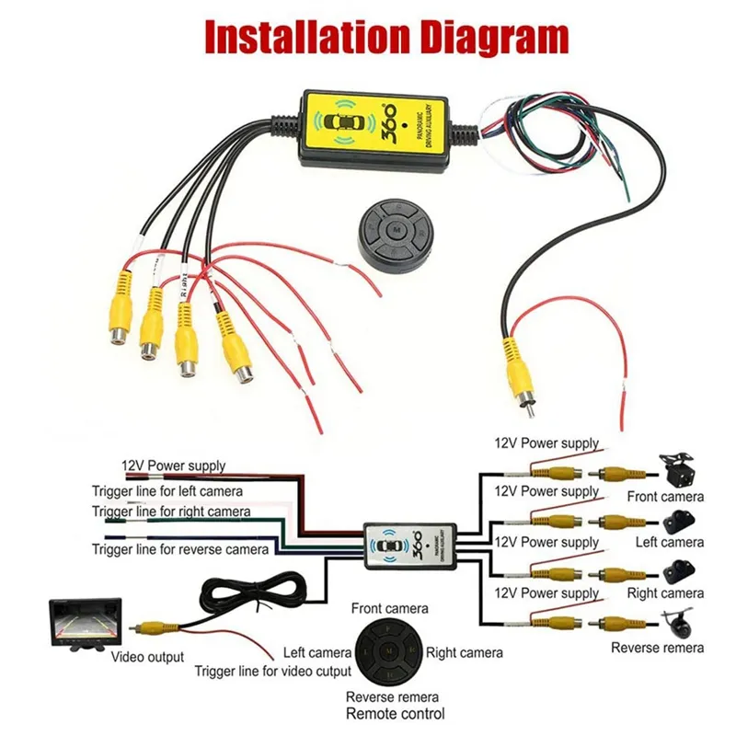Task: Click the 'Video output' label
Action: [147, 657]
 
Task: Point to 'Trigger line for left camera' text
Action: [167, 492]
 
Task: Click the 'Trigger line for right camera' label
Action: [170, 512]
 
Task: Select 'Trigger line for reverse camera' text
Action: [180, 549]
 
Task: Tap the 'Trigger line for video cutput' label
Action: [272, 673]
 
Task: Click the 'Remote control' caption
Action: [395, 714]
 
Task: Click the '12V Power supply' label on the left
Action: [174, 466]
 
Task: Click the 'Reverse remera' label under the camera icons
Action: [657, 649]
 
